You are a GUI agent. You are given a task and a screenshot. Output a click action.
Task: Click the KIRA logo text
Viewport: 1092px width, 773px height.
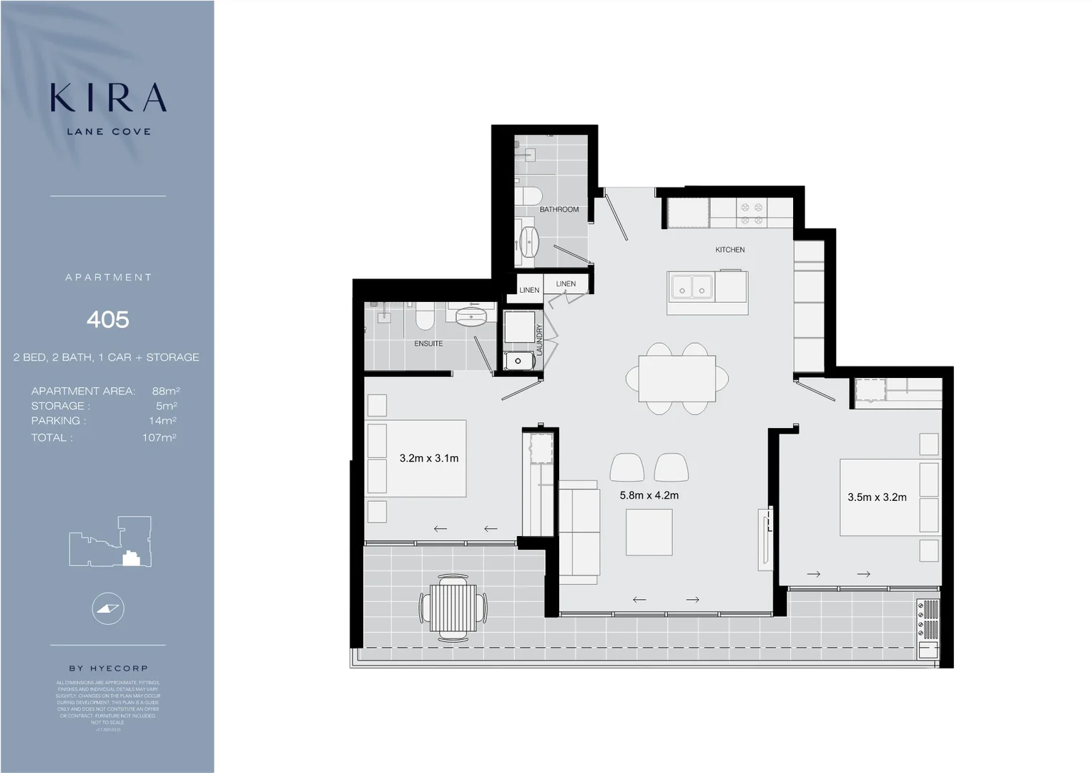108,98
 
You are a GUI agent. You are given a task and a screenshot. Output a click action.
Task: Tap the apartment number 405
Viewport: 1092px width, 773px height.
108,319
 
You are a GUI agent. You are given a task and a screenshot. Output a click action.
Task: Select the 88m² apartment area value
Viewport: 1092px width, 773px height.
165,391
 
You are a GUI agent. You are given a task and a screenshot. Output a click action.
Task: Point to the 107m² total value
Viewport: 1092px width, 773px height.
159,437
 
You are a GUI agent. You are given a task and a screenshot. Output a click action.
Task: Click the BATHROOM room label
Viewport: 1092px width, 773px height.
559,210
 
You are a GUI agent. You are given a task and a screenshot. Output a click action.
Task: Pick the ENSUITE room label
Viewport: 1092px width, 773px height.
428,344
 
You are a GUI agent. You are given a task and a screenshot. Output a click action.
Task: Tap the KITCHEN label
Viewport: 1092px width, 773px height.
729,250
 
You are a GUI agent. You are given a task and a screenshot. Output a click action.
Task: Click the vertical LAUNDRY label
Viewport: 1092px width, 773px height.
540,339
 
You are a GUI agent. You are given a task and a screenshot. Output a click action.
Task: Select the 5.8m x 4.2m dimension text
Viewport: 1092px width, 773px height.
649,495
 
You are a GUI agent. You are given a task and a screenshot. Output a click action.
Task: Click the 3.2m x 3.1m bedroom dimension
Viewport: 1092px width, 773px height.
428,458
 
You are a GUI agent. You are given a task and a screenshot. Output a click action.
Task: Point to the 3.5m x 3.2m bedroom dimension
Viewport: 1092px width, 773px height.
877,497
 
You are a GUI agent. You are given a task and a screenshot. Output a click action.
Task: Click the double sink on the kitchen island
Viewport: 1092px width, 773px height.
692,287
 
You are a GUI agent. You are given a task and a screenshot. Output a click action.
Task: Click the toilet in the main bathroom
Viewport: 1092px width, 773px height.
530,195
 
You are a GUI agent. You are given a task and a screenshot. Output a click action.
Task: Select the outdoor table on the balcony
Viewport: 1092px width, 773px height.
453,608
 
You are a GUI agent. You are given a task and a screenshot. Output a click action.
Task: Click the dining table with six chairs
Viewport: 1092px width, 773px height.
677,378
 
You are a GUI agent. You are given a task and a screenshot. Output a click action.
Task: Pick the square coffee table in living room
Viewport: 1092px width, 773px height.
649,532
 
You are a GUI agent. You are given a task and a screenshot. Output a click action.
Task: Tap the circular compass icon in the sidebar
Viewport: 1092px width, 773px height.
108,608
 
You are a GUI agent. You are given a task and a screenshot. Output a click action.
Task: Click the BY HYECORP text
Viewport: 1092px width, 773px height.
108,668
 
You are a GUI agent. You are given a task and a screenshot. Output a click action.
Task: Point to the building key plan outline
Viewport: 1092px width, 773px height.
110,542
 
